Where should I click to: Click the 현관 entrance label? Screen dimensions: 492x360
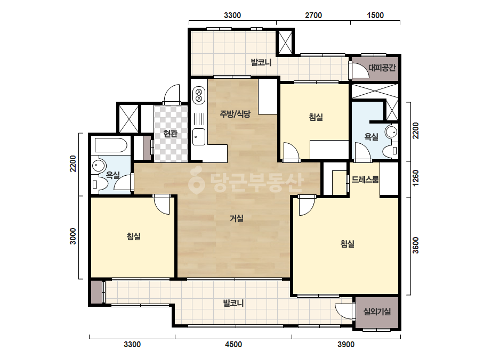tap(171, 134)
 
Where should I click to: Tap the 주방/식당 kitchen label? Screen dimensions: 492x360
tap(235, 114)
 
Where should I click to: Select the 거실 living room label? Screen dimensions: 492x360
tap(237, 218)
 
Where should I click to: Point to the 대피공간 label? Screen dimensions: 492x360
tap(382, 68)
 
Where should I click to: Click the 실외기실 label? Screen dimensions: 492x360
tap(377, 312)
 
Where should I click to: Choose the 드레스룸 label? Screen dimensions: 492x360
tap(365, 179)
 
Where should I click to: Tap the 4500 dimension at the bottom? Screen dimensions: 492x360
tap(233, 345)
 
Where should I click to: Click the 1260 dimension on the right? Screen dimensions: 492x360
tap(415, 178)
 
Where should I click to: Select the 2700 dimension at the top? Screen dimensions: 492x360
tap(313, 15)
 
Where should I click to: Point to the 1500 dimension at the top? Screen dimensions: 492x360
tap(375, 15)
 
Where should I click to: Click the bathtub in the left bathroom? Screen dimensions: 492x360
tap(111, 145)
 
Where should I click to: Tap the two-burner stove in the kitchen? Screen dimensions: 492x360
tap(199, 95)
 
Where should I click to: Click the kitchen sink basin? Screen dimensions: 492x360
tap(199, 137)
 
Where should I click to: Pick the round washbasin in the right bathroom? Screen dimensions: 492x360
tap(391, 132)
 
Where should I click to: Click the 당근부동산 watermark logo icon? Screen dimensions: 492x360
tap(196, 181)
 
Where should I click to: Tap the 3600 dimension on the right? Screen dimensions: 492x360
tap(415, 245)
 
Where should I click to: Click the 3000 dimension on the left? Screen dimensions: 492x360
tap(73, 236)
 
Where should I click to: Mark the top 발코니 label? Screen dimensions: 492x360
tap(261, 62)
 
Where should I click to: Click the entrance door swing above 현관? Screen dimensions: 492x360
tap(171, 93)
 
